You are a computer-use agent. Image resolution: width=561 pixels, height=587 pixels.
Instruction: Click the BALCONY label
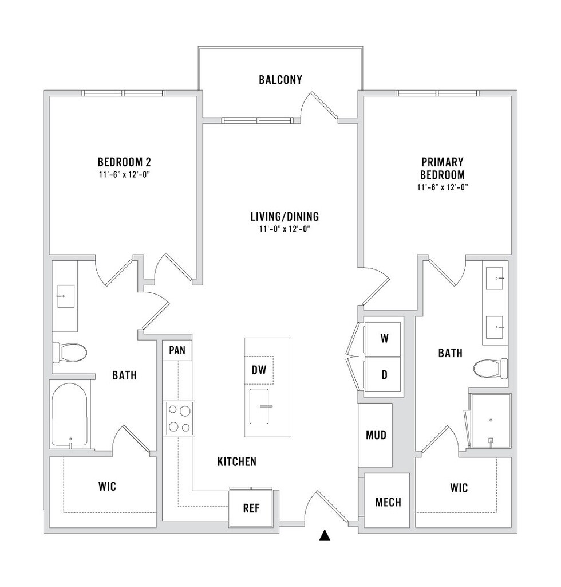[x=280, y=80]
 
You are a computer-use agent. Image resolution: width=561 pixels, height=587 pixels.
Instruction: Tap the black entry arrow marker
[x=325, y=536]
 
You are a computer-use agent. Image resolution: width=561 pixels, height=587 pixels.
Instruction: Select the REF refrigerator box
[x=252, y=508]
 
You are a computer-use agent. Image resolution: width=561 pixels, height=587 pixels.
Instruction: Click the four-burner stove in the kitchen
[x=179, y=418]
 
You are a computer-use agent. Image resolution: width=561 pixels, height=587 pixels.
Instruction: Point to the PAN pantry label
[x=177, y=350]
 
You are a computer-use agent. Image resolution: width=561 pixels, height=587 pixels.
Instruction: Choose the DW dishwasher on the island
[x=259, y=370]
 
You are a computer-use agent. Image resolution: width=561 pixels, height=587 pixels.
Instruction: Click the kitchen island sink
[x=260, y=406]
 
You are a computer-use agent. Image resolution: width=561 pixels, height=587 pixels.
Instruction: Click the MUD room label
[x=376, y=435]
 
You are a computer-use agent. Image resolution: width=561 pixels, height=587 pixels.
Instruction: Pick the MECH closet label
[x=388, y=503]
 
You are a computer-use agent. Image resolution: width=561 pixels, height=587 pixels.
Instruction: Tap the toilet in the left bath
[x=69, y=352]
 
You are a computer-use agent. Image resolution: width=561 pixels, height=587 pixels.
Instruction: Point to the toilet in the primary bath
[x=491, y=368]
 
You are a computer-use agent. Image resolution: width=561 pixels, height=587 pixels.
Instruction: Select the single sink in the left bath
[x=64, y=296]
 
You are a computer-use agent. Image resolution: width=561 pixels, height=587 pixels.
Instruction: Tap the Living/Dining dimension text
[x=285, y=229]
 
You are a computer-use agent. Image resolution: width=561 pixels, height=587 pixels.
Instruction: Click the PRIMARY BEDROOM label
[x=443, y=169]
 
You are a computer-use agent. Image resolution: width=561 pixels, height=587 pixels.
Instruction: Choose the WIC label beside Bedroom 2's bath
[x=107, y=487]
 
